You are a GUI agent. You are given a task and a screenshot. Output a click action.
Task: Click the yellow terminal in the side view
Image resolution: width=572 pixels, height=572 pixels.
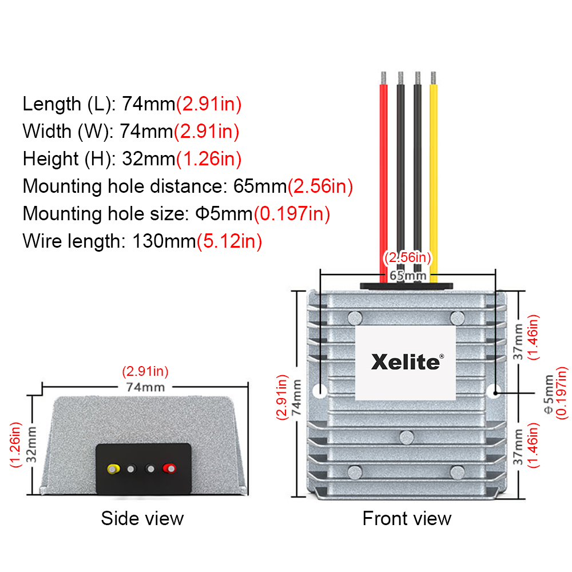[x=113, y=469]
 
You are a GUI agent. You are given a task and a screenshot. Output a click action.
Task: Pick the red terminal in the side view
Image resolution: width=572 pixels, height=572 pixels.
[x=169, y=468]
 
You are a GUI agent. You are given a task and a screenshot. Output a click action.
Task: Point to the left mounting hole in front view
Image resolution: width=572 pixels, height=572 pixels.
[x=320, y=391]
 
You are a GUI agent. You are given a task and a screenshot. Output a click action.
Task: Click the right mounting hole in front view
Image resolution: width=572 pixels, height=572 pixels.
[x=494, y=391]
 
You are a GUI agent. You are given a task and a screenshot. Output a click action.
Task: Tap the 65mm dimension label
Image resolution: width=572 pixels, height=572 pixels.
[x=408, y=276]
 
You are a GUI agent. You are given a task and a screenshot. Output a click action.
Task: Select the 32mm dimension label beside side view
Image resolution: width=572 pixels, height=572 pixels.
[x=31, y=444]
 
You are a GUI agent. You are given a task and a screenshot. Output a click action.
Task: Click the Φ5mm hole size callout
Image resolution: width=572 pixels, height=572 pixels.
[x=549, y=394]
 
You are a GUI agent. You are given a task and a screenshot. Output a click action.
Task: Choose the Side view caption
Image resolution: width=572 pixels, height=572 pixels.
[x=142, y=518]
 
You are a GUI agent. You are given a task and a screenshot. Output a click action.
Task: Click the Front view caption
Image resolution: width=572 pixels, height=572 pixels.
[x=407, y=518]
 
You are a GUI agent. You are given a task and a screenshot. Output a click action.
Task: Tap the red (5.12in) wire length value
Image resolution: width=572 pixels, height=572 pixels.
[x=229, y=241]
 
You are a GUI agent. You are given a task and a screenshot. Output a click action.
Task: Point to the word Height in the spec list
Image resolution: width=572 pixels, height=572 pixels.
[x=51, y=159]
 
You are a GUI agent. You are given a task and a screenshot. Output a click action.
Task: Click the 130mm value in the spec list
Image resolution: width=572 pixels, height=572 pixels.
[x=164, y=241]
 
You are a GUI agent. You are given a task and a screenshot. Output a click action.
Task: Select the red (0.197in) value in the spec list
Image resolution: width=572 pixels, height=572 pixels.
[x=292, y=214]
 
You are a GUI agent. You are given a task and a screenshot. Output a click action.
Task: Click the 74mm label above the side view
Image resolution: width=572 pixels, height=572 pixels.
[x=145, y=387]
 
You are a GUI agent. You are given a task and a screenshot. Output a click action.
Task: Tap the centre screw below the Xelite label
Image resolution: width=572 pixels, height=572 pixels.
[x=406, y=438]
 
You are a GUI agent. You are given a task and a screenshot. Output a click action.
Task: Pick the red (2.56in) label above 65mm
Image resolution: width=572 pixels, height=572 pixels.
[x=407, y=257]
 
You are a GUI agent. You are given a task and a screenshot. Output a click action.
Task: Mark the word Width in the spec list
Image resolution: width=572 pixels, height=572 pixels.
[x=47, y=132]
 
